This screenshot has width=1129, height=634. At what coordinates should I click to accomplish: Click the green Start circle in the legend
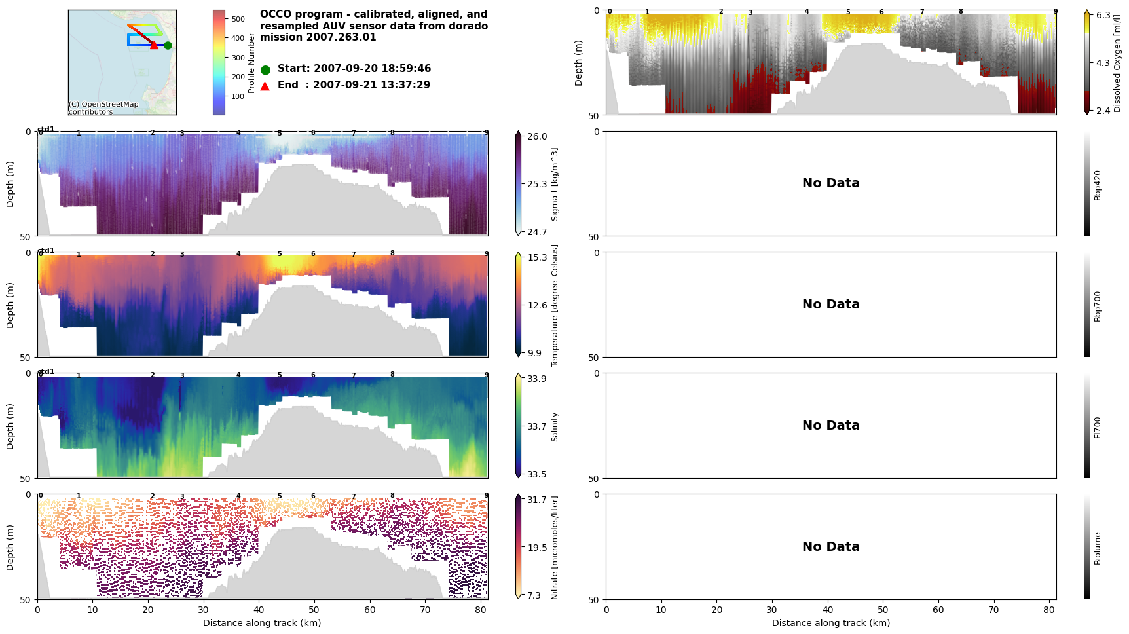coord(265,70)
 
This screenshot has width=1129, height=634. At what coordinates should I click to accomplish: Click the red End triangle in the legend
coord(265,86)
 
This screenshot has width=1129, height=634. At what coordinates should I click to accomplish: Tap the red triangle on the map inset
coord(154,45)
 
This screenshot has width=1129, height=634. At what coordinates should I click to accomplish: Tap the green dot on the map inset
coord(168,45)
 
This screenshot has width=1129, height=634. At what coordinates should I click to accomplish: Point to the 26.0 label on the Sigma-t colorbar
coord(537,136)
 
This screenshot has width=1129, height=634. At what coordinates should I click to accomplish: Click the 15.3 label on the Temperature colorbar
coord(537,257)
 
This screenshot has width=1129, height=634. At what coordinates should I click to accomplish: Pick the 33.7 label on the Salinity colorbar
coord(537,426)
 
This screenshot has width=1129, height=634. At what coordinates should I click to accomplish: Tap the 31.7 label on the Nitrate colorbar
coord(537,500)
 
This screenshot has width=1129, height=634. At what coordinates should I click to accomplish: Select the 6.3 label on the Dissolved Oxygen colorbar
coord(1103,15)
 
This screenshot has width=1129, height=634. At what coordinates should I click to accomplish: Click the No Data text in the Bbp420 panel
coord(830,183)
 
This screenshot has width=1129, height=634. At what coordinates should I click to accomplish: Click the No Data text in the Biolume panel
coord(830,546)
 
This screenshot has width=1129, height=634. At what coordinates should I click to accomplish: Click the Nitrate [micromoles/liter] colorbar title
coord(555,548)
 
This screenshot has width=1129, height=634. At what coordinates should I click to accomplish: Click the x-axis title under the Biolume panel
coord(830,623)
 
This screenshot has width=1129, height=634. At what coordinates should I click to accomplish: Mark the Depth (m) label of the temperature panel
coord(10,305)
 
